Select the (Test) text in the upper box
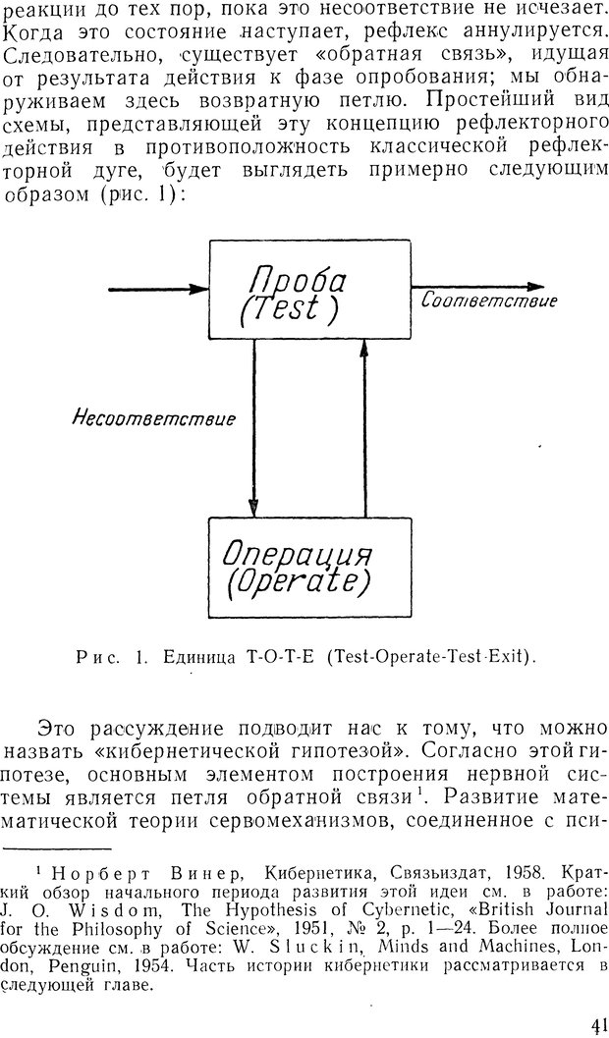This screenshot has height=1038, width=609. click(289, 309)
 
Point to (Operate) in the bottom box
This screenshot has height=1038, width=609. click(298, 581)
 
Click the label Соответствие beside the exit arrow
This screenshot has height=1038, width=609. click(489, 300)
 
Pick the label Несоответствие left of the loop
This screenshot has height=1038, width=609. click(153, 419)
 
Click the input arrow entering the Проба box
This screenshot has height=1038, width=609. click(159, 290)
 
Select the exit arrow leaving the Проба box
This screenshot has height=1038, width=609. click(477, 287)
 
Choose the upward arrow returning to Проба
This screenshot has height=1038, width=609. click(364, 429)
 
